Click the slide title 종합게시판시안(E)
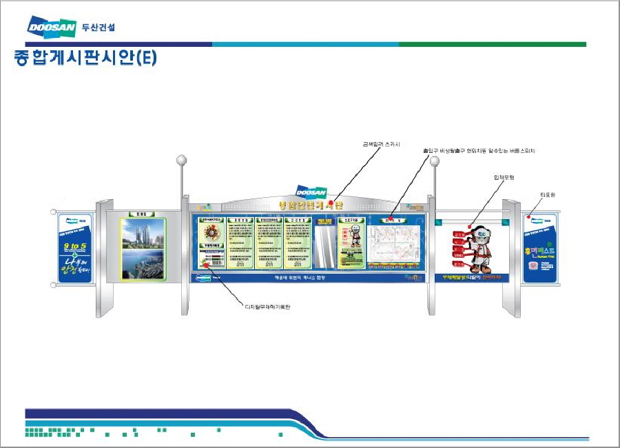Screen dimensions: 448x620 click(x=85, y=59)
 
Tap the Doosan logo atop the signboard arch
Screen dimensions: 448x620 click(x=312, y=192)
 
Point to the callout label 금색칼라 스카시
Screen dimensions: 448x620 click(x=381, y=144)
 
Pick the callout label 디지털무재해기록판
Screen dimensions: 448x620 click(x=268, y=306)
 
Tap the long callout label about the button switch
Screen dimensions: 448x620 click(x=479, y=150)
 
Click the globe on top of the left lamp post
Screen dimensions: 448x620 click(x=182, y=160)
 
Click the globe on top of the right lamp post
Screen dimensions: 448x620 click(x=434, y=160)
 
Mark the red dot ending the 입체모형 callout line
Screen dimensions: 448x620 click(x=471, y=225)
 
